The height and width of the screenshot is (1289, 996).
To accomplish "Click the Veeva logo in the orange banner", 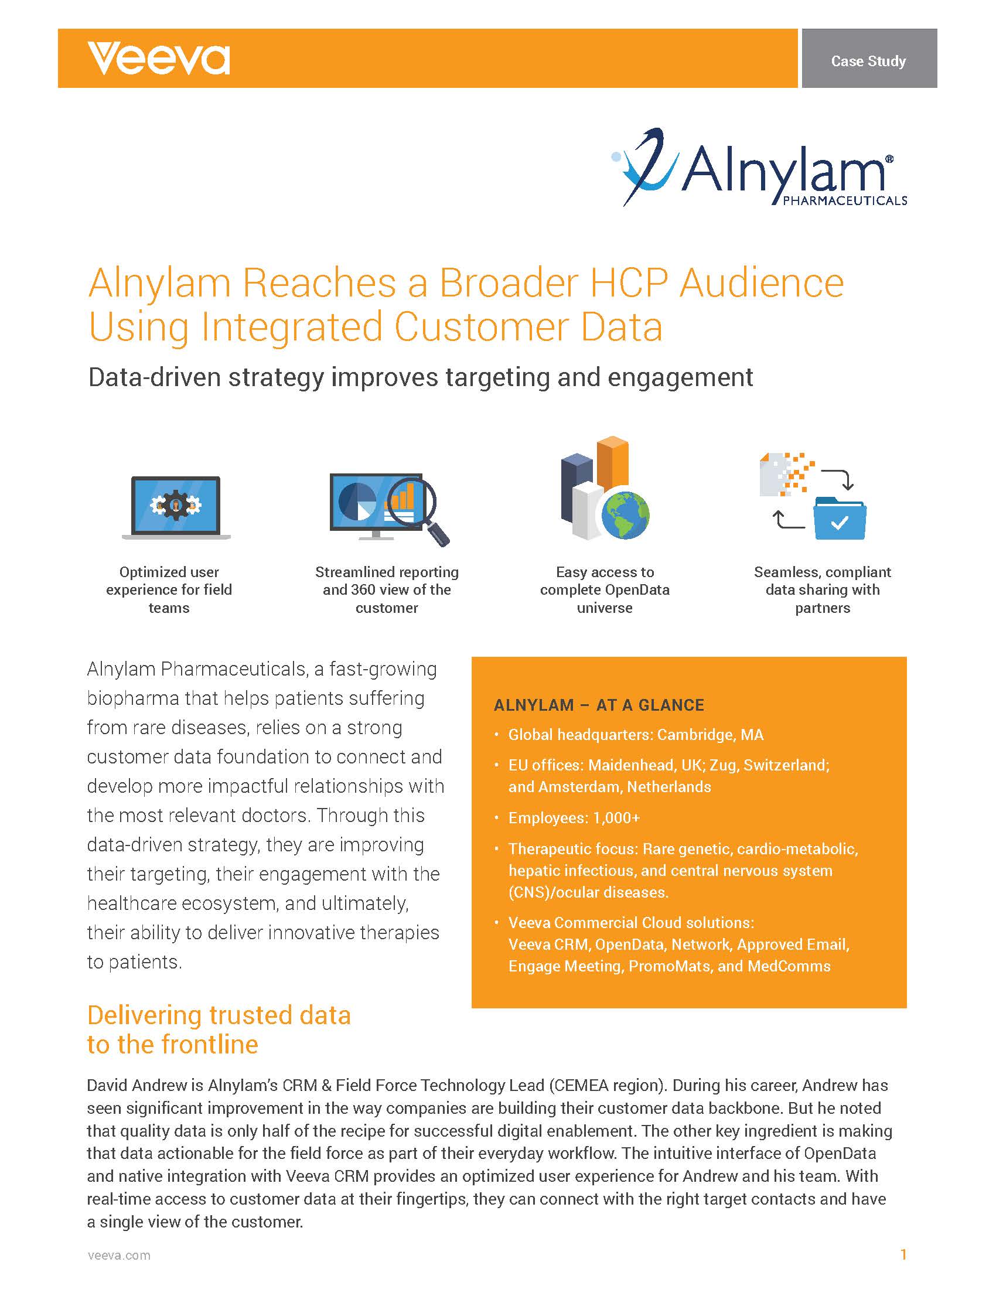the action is [159, 59].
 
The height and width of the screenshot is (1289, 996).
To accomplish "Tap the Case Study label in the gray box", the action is [868, 61].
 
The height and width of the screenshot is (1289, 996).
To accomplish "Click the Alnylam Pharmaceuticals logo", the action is [759, 168].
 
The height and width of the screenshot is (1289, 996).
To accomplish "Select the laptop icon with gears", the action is [176, 507].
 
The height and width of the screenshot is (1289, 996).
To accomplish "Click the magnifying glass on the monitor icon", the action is [419, 509].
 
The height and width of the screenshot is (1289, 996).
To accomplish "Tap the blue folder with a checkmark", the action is [840, 518].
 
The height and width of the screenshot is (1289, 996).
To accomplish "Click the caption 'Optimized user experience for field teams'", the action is [169, 589].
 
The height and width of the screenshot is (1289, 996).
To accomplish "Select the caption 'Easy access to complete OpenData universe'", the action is [605, 589].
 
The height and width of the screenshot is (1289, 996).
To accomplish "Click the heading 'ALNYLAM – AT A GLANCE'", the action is [599, 705].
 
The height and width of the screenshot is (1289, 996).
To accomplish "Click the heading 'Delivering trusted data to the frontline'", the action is [219, 1030].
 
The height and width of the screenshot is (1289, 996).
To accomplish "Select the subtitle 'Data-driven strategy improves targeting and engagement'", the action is [420, 377].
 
